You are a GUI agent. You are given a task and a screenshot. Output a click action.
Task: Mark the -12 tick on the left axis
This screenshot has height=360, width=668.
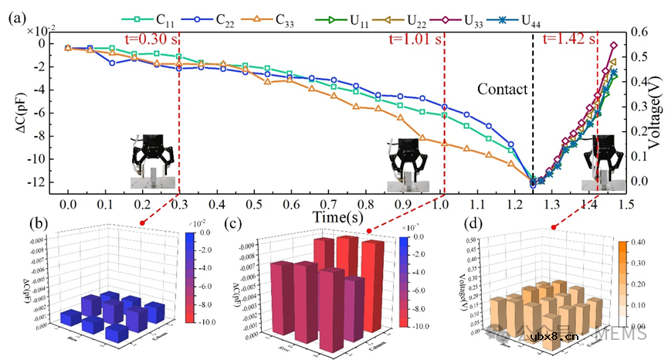click(39, 182)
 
